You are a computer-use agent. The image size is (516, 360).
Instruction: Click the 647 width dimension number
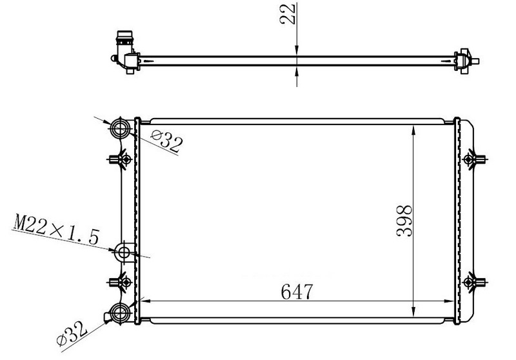click(297, 292)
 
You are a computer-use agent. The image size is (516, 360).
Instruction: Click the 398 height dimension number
click(404, 221)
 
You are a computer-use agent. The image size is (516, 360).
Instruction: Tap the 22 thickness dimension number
click(287, 14)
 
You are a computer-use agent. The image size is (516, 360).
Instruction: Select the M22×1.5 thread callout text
click(55, 229)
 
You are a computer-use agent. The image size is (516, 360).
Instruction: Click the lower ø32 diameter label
click(72, 333)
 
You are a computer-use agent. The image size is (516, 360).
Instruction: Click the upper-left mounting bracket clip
click(120, 159)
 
